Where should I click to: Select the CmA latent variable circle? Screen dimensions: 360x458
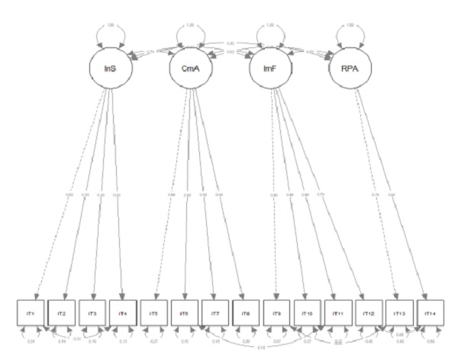188,69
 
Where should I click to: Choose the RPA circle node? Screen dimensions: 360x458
349,69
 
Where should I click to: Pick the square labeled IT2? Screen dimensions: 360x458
63,313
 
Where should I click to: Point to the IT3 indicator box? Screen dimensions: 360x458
93,313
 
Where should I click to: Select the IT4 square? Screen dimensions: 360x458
124,313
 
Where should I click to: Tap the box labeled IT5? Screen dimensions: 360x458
153,313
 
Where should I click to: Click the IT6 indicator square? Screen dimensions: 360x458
184,313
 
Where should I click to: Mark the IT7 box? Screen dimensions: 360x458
214,313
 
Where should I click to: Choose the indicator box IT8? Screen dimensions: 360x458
244,313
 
